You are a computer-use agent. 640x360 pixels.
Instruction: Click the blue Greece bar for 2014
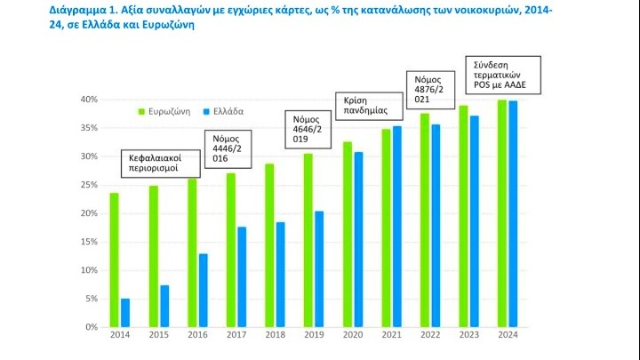125,313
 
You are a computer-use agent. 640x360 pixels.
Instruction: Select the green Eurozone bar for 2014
114,260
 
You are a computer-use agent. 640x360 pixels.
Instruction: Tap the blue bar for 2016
203,290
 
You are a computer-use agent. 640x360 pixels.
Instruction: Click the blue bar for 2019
319,268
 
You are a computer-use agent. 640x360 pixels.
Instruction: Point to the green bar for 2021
385,228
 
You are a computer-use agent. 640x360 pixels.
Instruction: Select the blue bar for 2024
513,213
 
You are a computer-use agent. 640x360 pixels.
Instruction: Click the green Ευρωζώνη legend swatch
140,111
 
